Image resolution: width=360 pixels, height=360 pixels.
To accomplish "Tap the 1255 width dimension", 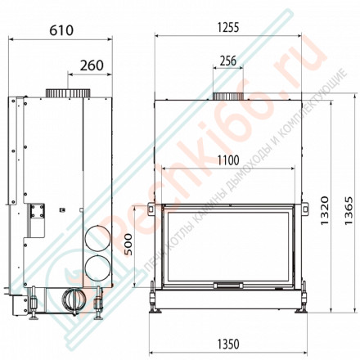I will point(227,27).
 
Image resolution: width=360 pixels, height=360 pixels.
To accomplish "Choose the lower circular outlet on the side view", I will point(95,266).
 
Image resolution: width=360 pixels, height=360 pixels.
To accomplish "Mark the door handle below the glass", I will point(227,286).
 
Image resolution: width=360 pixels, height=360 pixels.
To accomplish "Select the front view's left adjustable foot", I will point(157,302).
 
